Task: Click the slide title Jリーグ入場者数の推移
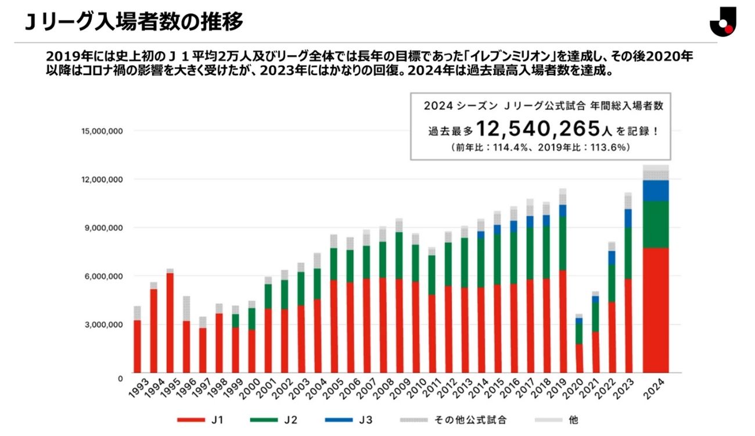134,22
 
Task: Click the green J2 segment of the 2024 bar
656,224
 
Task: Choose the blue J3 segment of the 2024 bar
656,191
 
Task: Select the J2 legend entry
275,419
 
